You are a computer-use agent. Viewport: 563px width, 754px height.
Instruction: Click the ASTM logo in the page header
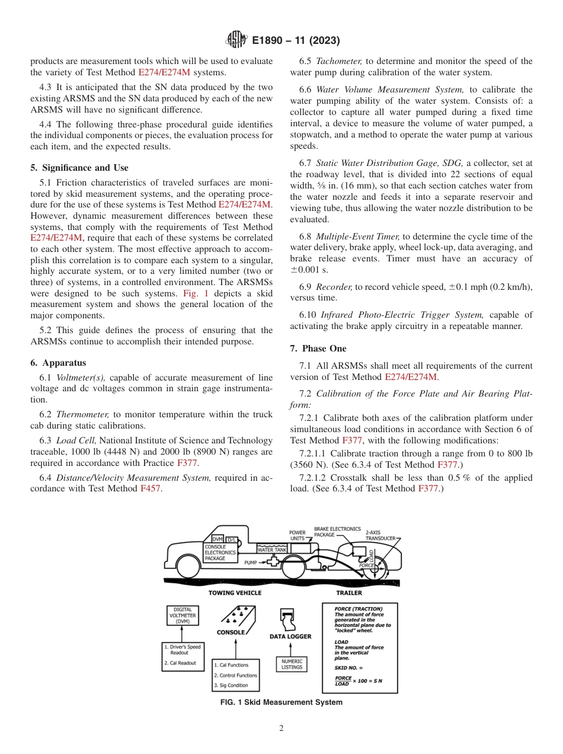237,40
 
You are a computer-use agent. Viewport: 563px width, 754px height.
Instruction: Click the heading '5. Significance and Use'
79,168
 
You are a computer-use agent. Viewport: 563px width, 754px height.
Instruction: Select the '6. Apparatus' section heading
57,362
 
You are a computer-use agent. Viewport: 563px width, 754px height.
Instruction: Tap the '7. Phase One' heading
318,349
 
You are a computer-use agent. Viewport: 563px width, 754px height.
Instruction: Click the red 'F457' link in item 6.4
151,488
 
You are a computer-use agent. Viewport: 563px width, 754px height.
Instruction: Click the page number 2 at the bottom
281,728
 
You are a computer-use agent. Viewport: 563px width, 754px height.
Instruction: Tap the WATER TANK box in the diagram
272,549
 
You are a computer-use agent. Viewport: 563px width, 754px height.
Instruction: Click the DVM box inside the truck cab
217,539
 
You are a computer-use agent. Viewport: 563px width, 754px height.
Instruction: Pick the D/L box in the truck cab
232,539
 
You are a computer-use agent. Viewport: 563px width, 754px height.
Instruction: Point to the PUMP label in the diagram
251,562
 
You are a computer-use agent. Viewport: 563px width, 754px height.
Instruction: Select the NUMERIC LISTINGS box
292,664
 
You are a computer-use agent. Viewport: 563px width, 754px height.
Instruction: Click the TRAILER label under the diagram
349,592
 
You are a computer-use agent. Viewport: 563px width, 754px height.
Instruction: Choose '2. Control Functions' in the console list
236,675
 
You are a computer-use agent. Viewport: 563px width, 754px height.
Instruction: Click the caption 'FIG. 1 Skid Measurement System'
281,702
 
